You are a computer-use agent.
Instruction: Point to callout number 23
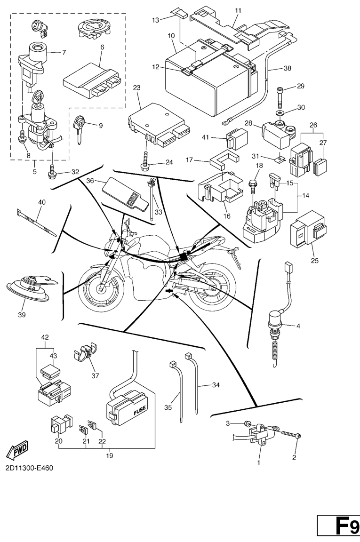[137, 88]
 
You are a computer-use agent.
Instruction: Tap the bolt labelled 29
[280, 97]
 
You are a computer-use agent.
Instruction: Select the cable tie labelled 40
[36, 223]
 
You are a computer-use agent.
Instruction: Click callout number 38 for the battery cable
[288, 68]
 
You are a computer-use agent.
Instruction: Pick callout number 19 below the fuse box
[110, 455]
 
